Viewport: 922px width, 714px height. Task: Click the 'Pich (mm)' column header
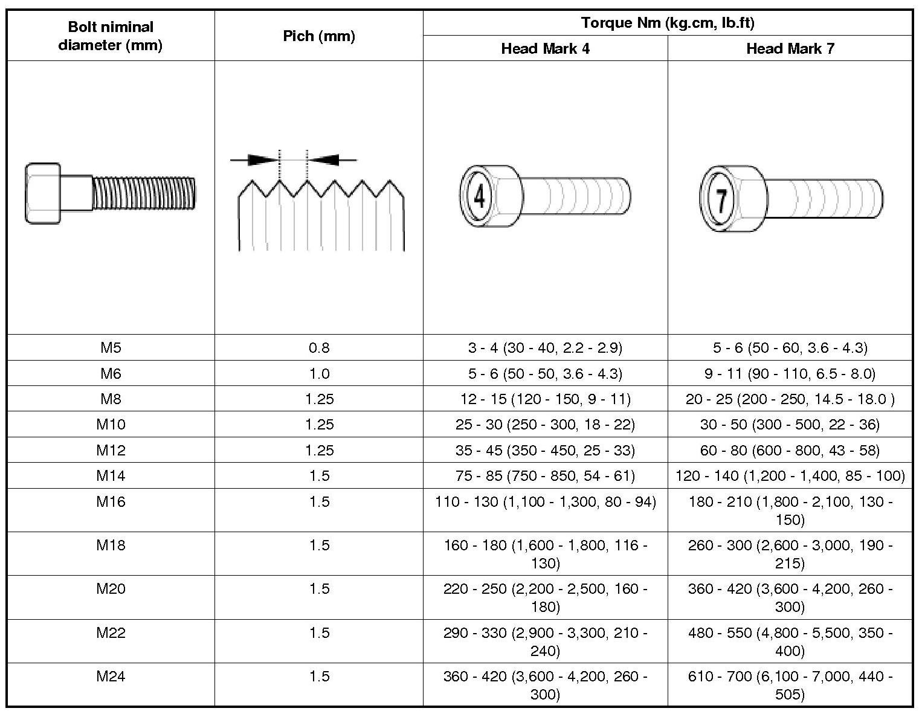point(319,36)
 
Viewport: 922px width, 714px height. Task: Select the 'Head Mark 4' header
point(545,49)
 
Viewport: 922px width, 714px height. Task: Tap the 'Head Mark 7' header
point(790,49)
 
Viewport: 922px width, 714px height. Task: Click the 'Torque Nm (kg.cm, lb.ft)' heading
point(668,23)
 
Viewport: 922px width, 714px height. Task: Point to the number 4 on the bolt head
point(479,197)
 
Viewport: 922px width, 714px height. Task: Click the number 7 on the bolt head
point(720,199)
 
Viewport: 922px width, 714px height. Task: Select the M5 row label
point(111,348)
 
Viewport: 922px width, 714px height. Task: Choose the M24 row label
point(111,677)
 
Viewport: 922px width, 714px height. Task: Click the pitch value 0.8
point(319,348)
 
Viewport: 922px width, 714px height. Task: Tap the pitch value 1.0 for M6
point(319,374)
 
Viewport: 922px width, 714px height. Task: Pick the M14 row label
point(111,476)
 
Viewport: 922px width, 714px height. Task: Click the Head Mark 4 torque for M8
point(545,399)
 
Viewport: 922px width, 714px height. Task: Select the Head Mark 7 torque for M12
point(790,451)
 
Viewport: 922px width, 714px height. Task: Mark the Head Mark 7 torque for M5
point(790,348)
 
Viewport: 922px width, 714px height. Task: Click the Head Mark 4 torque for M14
point(545,476)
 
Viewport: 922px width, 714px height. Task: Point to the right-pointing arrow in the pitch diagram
point(261,160)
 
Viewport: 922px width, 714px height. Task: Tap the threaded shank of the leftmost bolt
point(145,193)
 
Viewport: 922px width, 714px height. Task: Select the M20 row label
point(111,589)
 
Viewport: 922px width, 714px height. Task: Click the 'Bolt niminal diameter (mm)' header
point(111,36)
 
